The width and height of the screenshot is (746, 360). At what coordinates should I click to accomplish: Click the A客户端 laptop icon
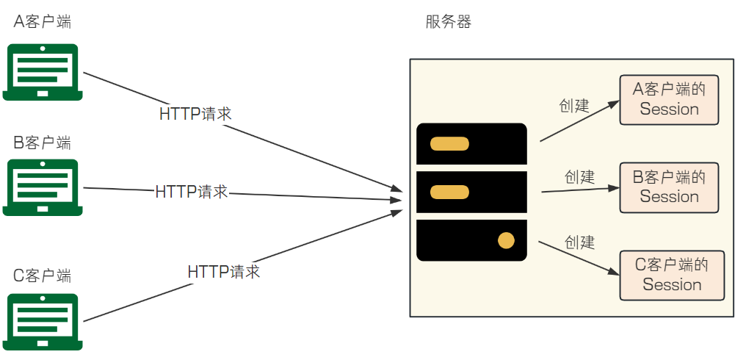pos(43,72)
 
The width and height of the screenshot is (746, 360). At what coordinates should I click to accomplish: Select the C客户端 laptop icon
pos(43,321)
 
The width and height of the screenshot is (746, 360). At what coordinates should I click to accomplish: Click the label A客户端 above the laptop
pos(43,21)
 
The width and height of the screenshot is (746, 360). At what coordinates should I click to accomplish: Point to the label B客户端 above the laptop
pos(43,142)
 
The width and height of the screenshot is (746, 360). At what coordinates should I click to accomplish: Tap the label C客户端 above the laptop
pos(43,276)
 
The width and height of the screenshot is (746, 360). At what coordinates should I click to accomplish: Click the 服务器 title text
pos(448,22)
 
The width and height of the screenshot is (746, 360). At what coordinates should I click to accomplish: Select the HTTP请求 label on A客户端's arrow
pos(195,114)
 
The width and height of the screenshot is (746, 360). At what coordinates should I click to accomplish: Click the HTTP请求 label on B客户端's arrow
pos(192,192)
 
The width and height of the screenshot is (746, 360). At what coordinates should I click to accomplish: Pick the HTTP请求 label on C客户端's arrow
pos(224,272)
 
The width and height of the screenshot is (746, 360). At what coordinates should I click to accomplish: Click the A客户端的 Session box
pos(669,99)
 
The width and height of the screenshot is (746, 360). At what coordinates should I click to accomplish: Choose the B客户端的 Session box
pos(669,187)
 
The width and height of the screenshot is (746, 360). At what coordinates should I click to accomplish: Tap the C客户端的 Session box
pos(672,275)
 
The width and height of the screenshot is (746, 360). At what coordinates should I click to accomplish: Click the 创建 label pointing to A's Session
pos(574,106)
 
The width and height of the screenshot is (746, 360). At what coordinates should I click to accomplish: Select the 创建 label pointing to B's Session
pos(579,176)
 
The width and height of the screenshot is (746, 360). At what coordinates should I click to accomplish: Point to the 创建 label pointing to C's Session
pos(579,242)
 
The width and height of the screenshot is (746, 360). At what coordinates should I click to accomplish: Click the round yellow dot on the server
pos(506,240)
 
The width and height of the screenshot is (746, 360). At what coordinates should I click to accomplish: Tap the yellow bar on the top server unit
pos(449,143)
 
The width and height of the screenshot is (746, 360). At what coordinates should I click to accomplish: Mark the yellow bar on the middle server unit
pos(449,192)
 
